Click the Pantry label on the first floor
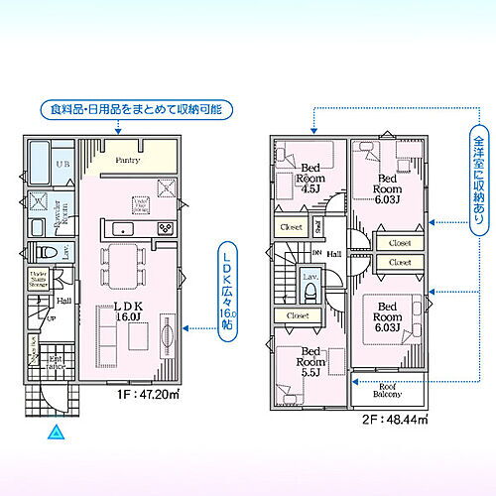[126, 160]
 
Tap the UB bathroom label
[62, 165]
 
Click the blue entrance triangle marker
[56, 433]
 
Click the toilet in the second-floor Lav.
[310, 291]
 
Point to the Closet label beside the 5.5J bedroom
[298, 315]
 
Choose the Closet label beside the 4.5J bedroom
[291, 225]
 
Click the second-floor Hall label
[334, 254]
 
